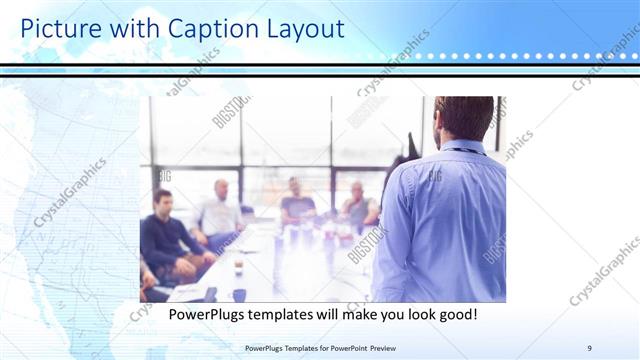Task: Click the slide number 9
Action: click(x=589, y=347)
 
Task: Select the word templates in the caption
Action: click(x=287, y=314)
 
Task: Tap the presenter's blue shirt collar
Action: click(x=464, y=148)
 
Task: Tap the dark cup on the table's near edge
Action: click(x=239, y=294)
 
